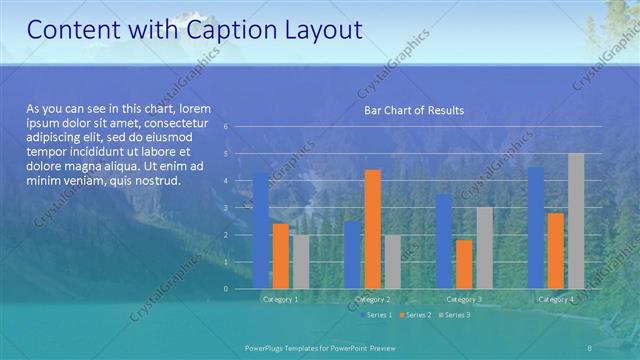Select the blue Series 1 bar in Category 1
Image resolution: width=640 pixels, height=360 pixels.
pos(260,230)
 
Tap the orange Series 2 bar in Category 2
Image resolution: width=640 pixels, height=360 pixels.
pos(372,229)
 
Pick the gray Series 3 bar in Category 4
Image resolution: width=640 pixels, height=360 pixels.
pos(576,221)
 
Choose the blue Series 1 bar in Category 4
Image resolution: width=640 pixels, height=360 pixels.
pos(536,227)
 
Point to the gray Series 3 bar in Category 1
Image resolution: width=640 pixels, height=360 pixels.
pos(301,261)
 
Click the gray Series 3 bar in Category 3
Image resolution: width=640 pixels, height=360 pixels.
pos(484,247)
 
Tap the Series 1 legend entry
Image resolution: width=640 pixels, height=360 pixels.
pos(376,315)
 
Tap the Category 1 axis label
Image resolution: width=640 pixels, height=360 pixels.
pos(280,299)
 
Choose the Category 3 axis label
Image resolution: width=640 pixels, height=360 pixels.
pos(464,299)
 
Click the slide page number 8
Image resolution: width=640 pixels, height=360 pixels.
pos(590,346)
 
